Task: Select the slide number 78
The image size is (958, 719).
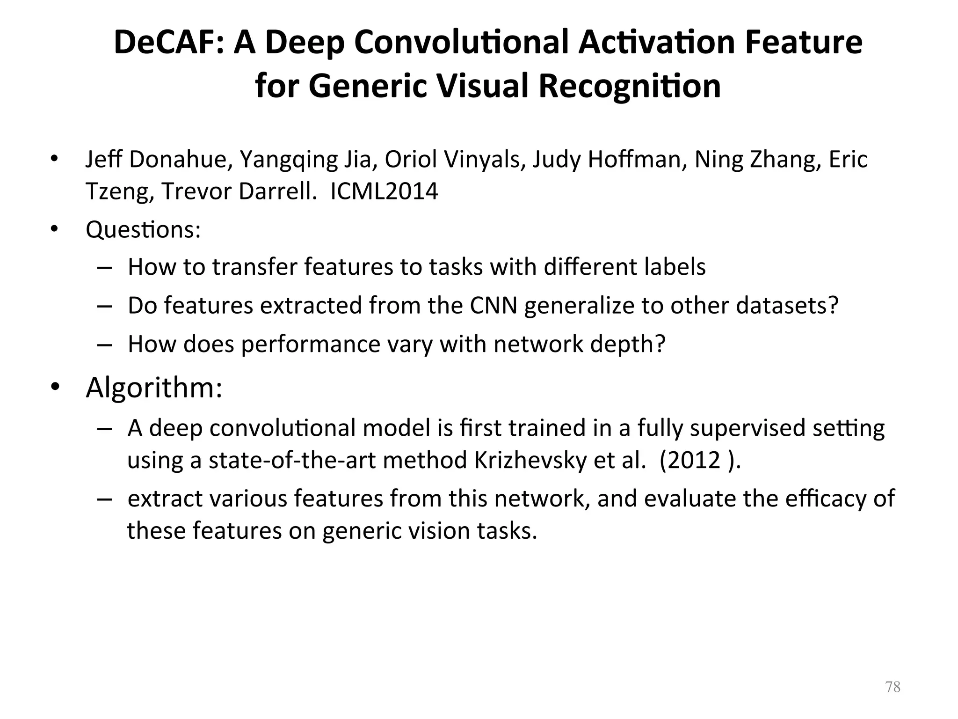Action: click(893, 687)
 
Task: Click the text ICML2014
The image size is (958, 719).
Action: click(384, 191)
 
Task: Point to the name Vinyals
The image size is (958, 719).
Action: click(482, 160)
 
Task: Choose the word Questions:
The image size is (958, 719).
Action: click(143, 230)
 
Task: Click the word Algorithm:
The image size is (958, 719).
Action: click(154, 388)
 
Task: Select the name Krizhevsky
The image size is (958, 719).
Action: click(530, 461)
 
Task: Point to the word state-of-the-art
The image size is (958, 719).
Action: click(292, 461)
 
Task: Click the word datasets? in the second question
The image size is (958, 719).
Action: click(787, 306)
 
